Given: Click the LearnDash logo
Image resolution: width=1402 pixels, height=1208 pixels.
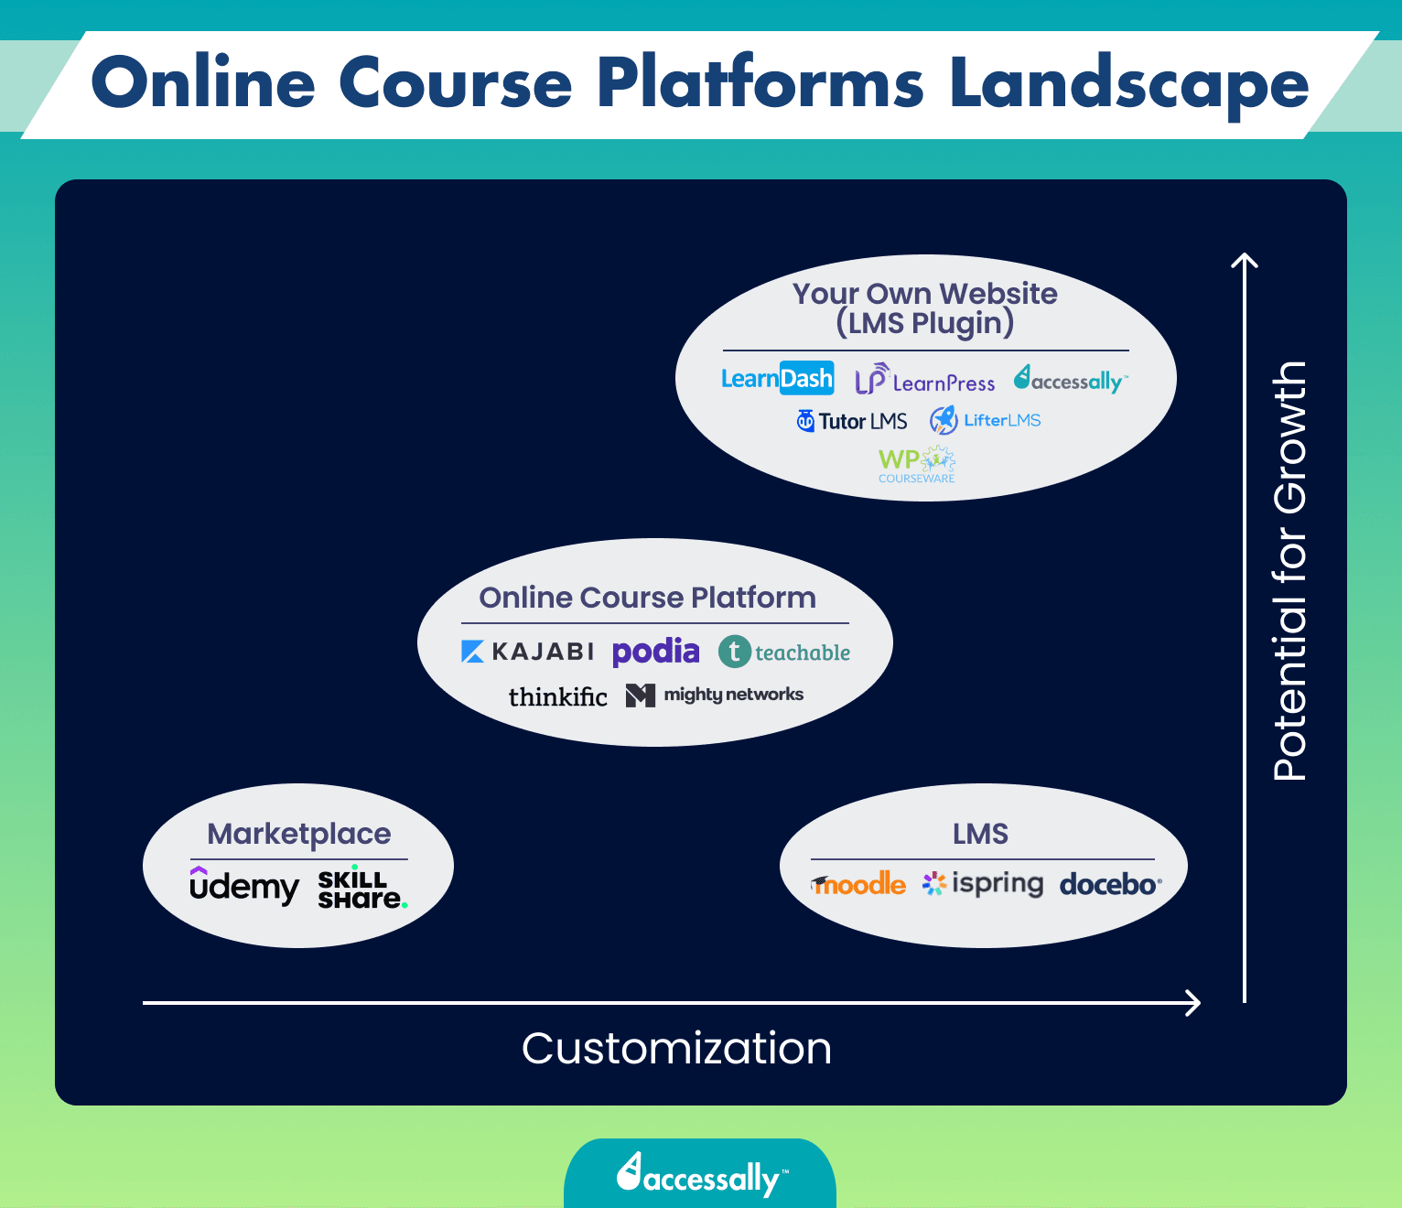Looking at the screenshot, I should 777,378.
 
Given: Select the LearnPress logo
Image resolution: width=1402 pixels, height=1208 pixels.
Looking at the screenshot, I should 924,381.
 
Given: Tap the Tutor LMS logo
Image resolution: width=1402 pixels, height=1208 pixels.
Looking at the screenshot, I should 851,421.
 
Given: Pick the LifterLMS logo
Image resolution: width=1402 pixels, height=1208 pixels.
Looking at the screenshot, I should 986,420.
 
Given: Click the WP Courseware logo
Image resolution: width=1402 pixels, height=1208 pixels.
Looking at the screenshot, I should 916,465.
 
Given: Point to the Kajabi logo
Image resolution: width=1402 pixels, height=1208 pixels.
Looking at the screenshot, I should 527,652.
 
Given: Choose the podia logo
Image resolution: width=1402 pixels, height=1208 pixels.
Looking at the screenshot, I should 655,652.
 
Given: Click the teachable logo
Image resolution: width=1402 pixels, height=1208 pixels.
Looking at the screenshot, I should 784,652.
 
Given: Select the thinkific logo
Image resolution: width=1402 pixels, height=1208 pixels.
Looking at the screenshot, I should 557,696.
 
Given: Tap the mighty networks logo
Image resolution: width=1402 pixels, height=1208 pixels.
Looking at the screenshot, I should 715,695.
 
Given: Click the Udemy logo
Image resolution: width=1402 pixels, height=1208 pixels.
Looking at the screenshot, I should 243,886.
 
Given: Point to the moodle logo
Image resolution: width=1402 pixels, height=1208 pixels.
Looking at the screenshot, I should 858,884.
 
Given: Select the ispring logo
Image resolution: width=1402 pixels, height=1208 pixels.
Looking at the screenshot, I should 983,883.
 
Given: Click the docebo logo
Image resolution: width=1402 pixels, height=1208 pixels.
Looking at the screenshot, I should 1110,884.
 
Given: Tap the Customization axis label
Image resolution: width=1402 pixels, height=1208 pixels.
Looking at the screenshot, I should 676,1048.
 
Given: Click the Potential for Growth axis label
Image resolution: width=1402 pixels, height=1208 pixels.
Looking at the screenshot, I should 1290,571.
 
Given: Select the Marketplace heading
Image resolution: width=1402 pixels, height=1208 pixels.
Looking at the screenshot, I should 299,834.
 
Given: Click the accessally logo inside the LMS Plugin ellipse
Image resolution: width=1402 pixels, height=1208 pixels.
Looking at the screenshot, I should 1071,380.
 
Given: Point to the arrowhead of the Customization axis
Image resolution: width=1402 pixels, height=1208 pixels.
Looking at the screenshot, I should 1193,1003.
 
